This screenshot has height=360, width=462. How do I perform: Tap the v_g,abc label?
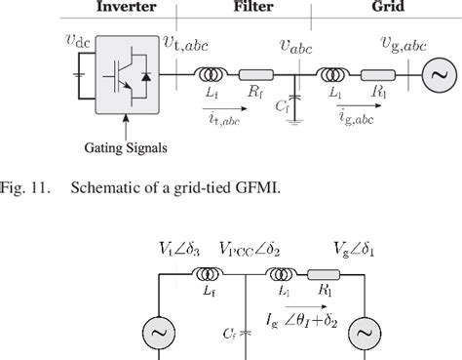pos(401,44)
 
